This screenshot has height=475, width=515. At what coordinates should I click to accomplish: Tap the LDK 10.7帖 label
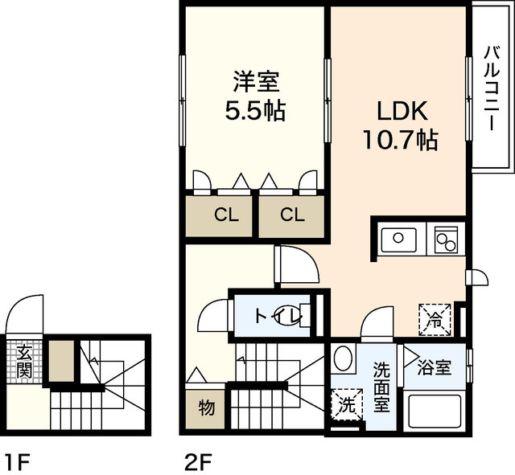tap(401, 125)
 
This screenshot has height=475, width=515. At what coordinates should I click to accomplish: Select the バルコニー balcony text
tap(492, 89)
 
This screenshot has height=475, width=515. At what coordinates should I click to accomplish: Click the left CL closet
tap(219, 216)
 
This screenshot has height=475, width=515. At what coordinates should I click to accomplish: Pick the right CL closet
tap(291, 216)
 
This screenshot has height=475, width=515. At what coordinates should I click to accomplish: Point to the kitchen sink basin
tap(398, 240)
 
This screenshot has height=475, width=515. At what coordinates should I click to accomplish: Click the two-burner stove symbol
tap(446, 240)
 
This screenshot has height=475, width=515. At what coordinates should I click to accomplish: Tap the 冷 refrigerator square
tap(435, 320)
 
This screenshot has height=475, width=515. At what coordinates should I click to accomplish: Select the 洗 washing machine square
tap(347, 404)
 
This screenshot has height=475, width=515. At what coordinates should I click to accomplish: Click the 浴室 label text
tap(435, 368)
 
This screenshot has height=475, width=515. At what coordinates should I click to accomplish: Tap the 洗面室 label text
tap(381, 387)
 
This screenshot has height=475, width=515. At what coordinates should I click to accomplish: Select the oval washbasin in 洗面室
tap(343, 358)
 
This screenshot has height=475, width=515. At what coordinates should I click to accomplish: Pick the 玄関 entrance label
tap(24, 362)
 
